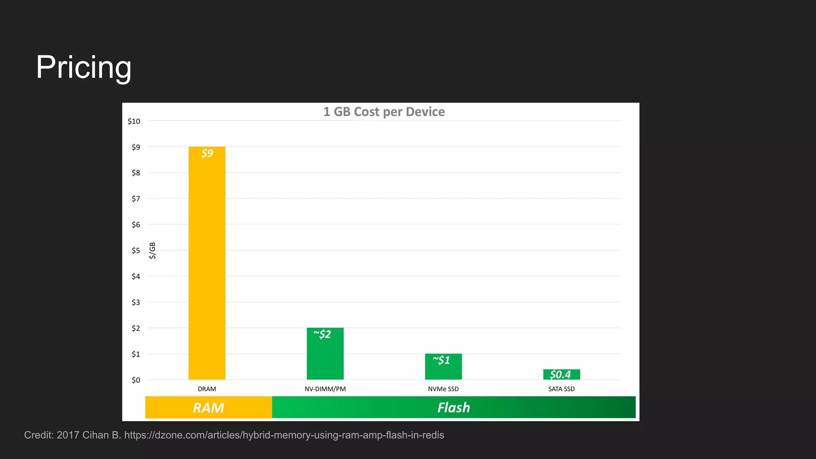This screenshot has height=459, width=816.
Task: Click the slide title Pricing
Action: click(84, 67)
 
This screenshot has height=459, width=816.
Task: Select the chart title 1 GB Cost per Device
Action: click(384, 112)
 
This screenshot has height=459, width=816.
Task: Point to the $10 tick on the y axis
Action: click(134, 121)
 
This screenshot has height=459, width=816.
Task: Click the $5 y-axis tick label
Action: click(136, 251)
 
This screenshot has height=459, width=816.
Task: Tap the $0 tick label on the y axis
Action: click(136, 380)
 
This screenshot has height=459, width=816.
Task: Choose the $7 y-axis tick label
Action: click(136, 199)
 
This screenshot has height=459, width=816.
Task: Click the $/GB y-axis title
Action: click(152, 251)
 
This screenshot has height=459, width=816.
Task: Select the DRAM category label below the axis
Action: click(207, 389)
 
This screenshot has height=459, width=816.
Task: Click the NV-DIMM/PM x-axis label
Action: click(325, 389)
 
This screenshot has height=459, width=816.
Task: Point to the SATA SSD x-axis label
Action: click(561, 389)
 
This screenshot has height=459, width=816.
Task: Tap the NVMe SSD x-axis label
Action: click(443, 389)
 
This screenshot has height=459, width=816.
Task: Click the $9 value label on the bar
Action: click(207, 153)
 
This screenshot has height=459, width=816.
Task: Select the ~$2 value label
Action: click(322, 334)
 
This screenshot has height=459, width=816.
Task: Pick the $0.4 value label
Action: click(560, 375)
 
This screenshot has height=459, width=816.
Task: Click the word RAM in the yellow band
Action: click(208, 408)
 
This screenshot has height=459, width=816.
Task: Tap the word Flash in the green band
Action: click(454, 408)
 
